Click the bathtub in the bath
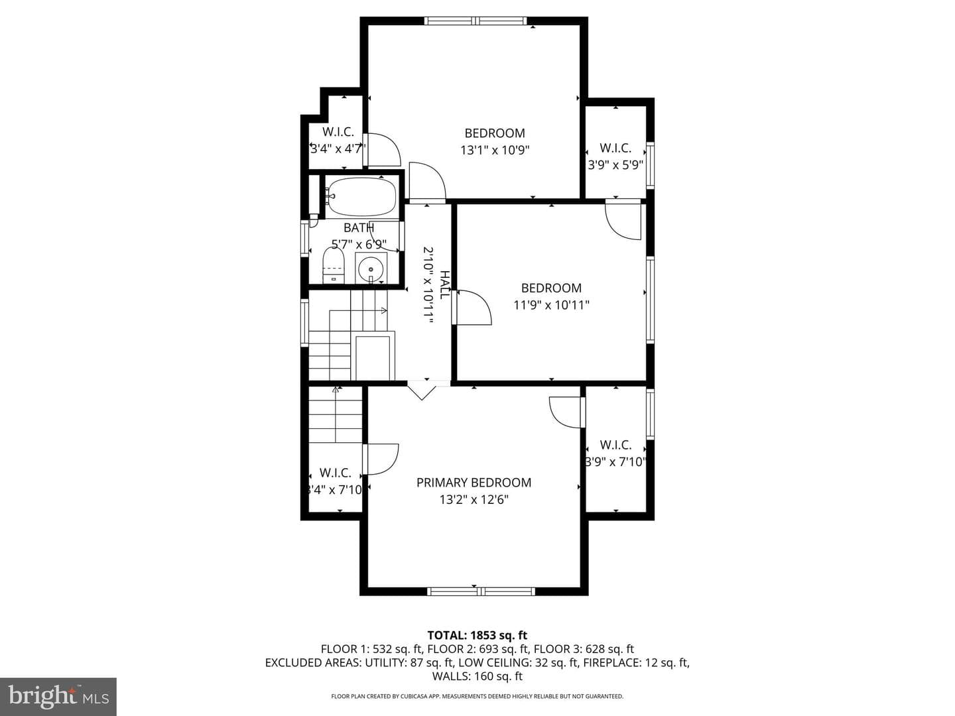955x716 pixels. [x=361, y=196]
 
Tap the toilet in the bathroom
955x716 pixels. [x=334, y=265]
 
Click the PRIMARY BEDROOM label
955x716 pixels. [x=474, y=483]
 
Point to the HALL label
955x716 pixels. [x=444, y=285]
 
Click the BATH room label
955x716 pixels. [x=359, y=227]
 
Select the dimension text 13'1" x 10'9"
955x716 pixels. [x=495, y=150]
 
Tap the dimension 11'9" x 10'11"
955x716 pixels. [x=551, y=305]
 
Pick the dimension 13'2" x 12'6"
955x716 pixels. [x=474, y=499]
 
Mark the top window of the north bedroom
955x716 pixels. [x=476, y=21]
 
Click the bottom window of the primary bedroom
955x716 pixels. [x=481, y=591]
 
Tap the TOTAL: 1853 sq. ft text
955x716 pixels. [x=477, y=635]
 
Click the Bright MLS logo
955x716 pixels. [x=58, y=696]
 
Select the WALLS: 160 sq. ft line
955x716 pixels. [x=477, y=676]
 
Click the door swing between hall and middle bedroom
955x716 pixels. [x=472, y=308]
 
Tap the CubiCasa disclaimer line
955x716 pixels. [x=477, y=696]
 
